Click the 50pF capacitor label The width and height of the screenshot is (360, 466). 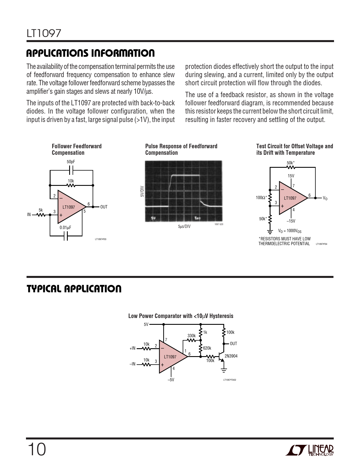(x=71, y=162)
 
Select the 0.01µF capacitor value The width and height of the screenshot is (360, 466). (x=65, y=228)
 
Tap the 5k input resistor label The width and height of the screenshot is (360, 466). (x=41, y=210)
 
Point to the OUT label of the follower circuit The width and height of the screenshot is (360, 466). (x=104, y=207)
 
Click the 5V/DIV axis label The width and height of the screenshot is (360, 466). (x=142, y=191)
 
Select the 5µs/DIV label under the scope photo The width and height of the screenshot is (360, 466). (x=184, y=227)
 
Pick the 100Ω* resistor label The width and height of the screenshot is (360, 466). (x=261, y=197)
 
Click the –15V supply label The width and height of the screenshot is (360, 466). (x=291, y=221)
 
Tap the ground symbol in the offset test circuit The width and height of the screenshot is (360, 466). (x=270, y=232)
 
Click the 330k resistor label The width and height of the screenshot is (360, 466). (x=191, y=336)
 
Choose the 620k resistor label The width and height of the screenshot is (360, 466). (x=207, y=348)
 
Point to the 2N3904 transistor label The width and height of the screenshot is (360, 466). (x=231, y=356)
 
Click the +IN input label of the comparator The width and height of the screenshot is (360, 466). (x=132, y=348)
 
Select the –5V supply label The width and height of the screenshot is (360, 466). (x=171, y=380)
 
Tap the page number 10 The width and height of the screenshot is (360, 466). (x=37, y=450)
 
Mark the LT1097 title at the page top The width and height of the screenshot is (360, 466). (x=44, y=33)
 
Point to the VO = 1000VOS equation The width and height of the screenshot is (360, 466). (x=290, y=231)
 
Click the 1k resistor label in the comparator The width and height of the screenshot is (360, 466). (x=205, y=332)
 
